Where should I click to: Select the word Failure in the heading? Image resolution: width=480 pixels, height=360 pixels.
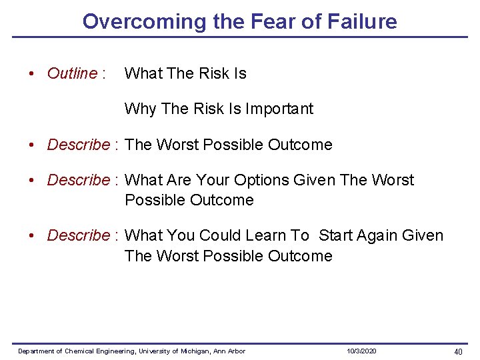pyautogui.click(x=361, y=21)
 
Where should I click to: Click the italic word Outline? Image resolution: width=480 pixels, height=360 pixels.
pyautogui.click(x=72, y=73)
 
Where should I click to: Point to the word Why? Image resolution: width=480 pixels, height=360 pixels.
pyautogui.click(x=140, y=109)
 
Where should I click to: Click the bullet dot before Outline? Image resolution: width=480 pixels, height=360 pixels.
pyautogui.click(x=32, y=73)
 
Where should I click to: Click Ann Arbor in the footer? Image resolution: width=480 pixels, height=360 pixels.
pyautogui.click(x=230, y=351)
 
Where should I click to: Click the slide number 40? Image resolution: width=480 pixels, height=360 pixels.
pyautogui.click(x=458, y=351)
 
